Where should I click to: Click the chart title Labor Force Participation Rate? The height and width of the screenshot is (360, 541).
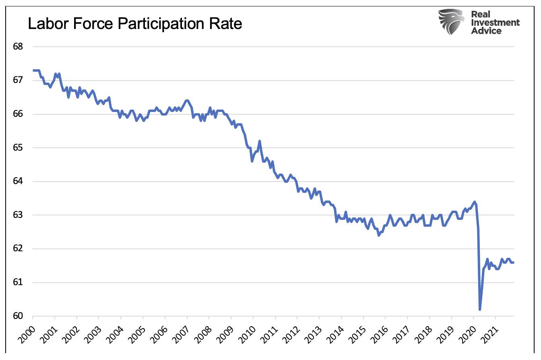coord(135,24)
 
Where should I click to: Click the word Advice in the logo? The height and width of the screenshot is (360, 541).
coord(486,31)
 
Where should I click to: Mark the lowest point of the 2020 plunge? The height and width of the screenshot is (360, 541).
coord(480,309)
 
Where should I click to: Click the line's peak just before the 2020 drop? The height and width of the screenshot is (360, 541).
coord(475,202)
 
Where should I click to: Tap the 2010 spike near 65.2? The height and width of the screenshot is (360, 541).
coord(260,141)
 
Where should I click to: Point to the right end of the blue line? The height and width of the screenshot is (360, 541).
coord(513,263)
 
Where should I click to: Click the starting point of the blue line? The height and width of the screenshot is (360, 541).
coord(33,70)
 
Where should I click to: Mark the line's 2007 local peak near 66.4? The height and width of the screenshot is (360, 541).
coord(186,101)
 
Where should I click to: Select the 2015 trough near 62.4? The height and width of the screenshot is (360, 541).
coord(378,235)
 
